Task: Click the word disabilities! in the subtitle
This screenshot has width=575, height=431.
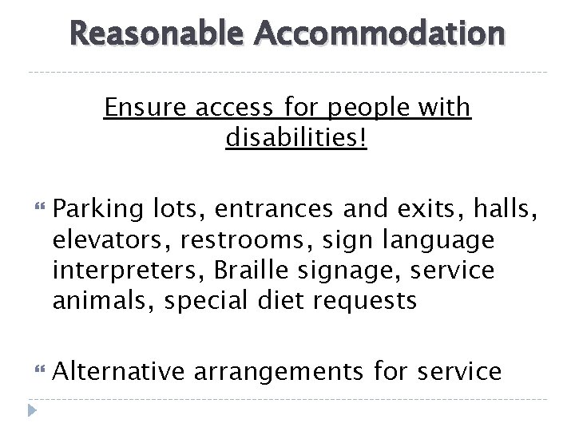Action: coord(297,139)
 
